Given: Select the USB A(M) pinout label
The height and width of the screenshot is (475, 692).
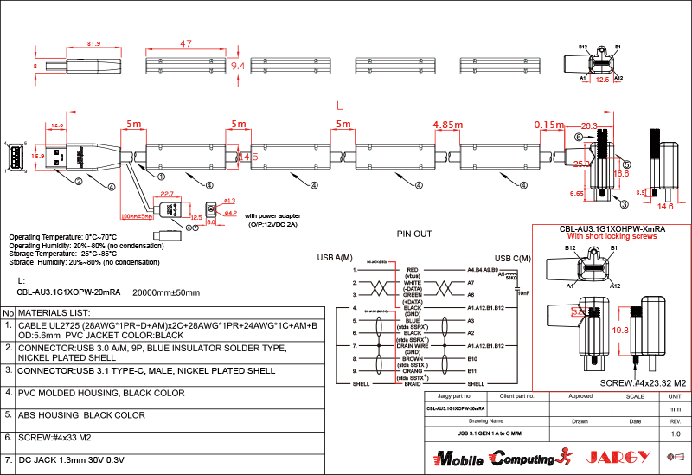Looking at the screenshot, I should [x=335, y=258].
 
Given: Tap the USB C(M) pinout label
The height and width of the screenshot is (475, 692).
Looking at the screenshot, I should [x=513, y=258].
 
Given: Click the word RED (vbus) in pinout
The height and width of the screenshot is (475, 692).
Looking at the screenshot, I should [x=412, y=270].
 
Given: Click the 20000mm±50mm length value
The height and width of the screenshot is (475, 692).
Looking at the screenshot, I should [x=165, y=292].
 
